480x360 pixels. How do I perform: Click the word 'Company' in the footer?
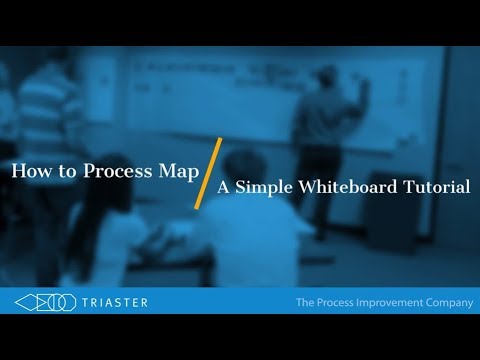448,302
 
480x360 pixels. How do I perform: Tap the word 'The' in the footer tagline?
306,302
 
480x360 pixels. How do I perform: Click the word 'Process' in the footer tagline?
340,302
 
